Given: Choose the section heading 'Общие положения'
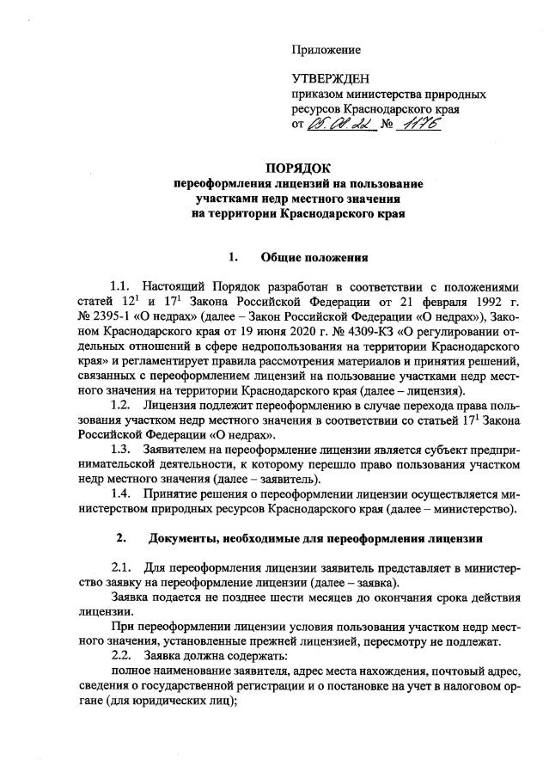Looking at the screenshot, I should [314, 256].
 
